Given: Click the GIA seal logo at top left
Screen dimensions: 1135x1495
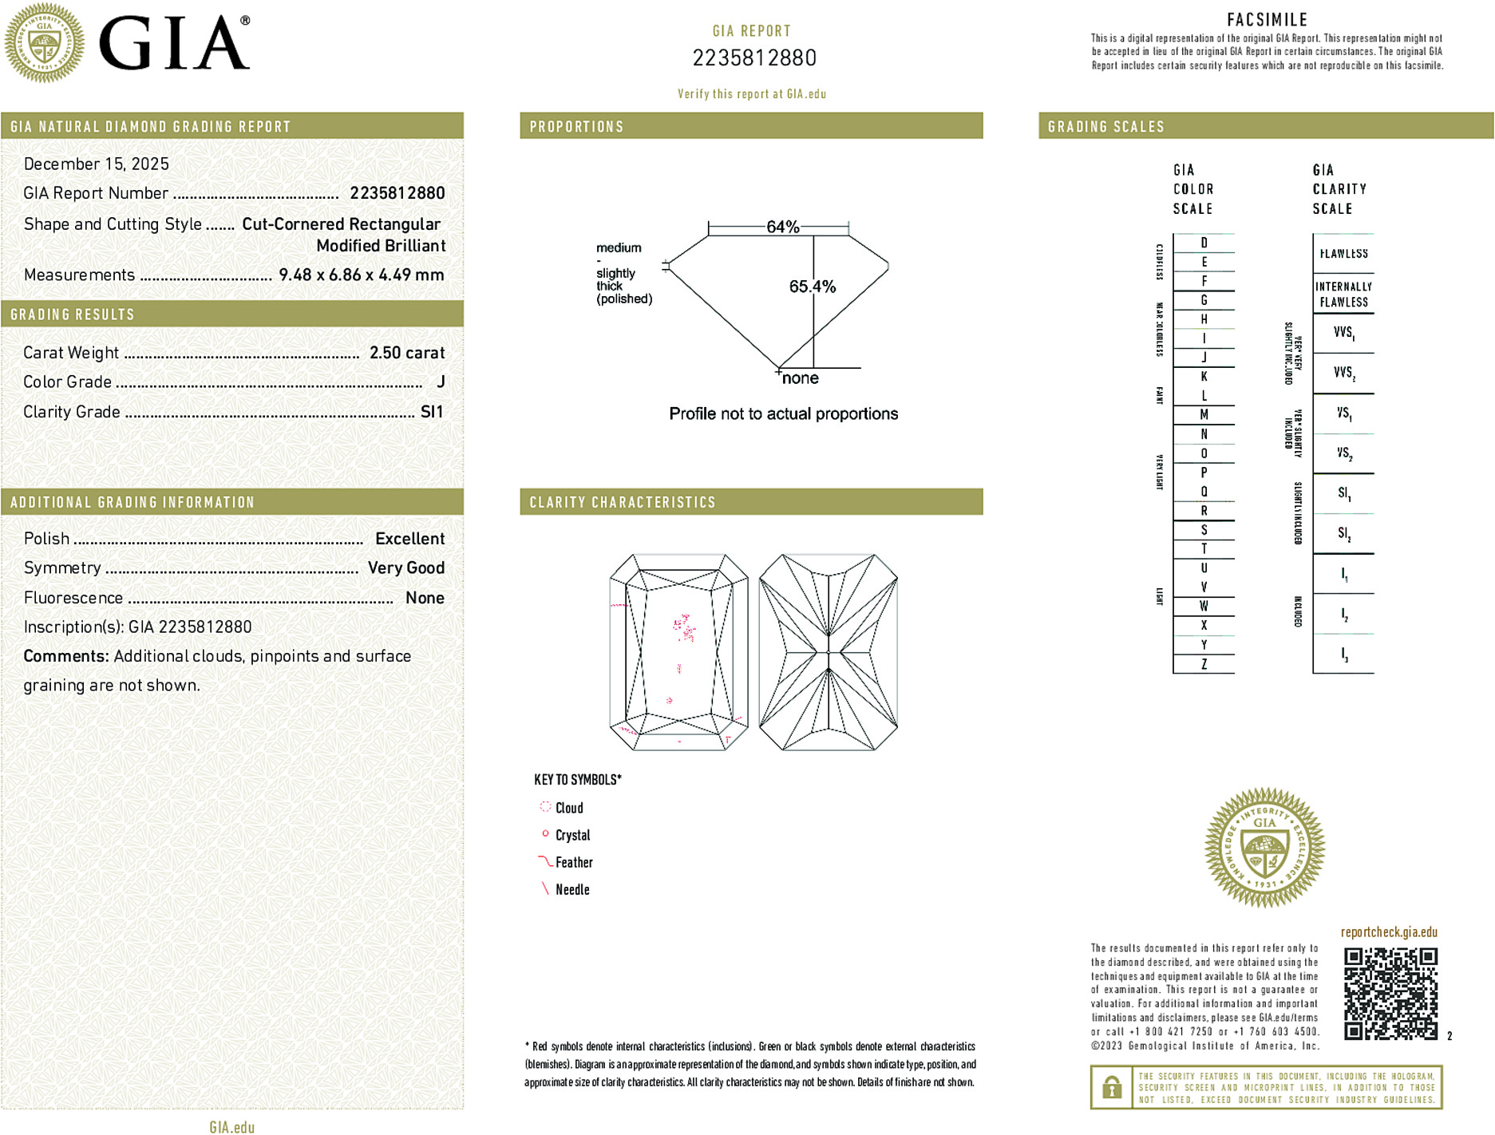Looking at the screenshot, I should click(x=44, y=42).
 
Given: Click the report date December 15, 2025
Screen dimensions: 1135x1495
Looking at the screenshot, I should click(x=97, y=164).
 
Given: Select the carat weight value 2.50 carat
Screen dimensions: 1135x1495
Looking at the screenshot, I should click(x=406, y=353).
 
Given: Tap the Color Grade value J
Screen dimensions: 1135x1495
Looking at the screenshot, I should click(x=441, y=382).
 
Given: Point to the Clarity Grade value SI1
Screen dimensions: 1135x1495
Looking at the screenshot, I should click(x=431, y=412).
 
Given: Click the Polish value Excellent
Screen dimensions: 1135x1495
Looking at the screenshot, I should click(x=409, y=539).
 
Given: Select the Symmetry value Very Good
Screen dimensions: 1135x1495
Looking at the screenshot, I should click(x=405, y=568).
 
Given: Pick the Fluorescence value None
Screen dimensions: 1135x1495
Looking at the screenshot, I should click(x=425, y=598).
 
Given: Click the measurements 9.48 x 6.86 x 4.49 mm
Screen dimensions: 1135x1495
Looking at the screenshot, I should click(x=361, y=275).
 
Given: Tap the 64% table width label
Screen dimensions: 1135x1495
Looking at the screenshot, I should click(x=782, y=227).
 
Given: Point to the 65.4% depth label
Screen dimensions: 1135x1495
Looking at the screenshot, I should click(x=812, y=287).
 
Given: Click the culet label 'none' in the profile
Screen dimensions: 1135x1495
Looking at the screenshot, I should click(x=800, y=378).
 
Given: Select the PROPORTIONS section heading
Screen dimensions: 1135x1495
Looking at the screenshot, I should click(x=576, y=127).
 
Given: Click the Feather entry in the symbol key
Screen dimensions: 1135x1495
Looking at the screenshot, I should click(x=573, y=863).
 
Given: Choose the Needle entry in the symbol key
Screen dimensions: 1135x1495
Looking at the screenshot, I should click(x=572, y=890).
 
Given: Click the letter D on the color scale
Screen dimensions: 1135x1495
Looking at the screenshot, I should click(x=1204, y=243).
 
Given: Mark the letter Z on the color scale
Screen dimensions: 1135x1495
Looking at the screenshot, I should click(x=1204, y=664).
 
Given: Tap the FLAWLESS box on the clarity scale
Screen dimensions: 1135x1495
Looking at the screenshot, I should click(x=1343, y=254).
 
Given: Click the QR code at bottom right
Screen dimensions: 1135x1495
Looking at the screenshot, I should click(x=1390, y=994).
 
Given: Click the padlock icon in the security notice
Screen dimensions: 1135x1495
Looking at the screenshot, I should click(x=1111, y=1087).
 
